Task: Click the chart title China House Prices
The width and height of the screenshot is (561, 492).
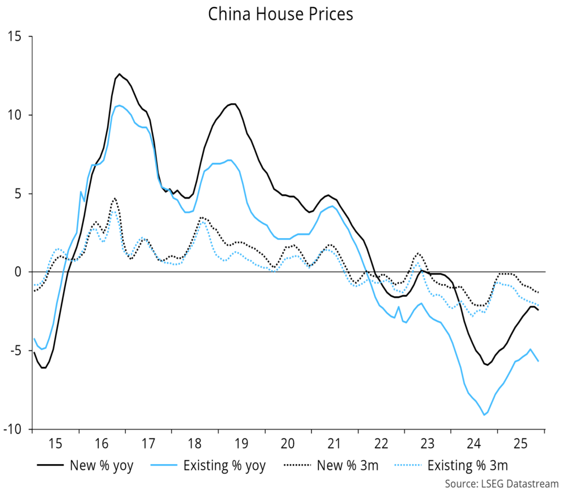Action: (x=280, y=14)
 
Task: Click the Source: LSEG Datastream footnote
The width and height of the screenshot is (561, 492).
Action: (x=500, y=484)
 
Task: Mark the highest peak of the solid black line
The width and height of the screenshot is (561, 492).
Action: (x=119, y=74)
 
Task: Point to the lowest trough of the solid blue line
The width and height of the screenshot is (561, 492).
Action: (x=484, y=415)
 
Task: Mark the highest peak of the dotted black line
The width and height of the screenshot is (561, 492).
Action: (x=115, y=198)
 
